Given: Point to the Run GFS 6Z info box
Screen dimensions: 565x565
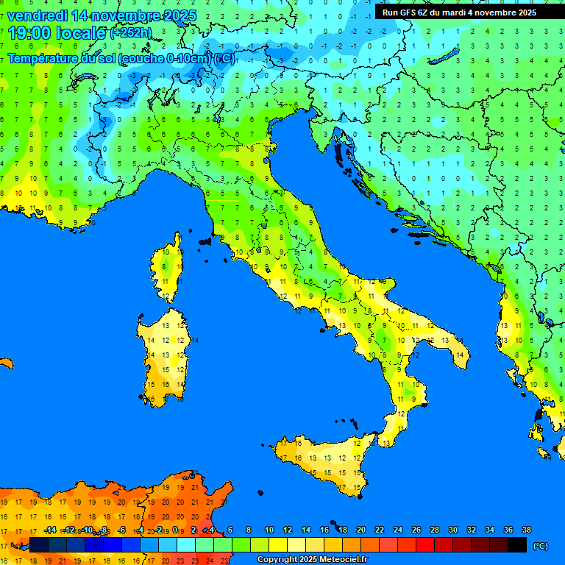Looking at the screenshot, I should click(459, 13).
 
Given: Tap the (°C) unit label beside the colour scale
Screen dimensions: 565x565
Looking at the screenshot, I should click(541, 546).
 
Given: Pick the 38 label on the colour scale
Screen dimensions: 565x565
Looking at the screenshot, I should click(526, 530).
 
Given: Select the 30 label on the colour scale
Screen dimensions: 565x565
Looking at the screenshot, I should click(453, 530).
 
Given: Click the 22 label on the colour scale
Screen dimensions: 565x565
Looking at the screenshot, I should click(380, 530).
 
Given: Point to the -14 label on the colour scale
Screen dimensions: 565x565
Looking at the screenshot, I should click(50, 530).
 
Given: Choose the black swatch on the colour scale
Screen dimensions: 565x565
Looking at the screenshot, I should click(517, 545).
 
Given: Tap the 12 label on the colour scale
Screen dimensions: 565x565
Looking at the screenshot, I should click(288, 530).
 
